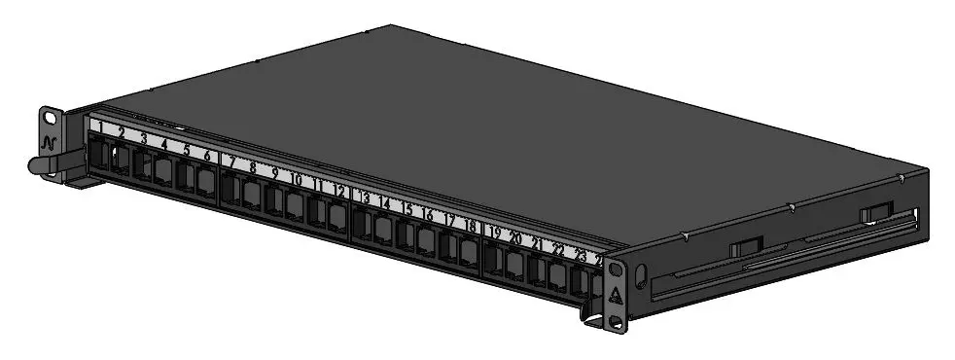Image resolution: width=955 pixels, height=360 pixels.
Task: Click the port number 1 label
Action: pyautogui.click(x=98, y=126)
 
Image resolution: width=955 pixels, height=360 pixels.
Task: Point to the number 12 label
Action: pyautogui.click(x=339, y=191)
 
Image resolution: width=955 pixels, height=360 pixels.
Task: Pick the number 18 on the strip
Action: pyautogui.click(x=471, y=226)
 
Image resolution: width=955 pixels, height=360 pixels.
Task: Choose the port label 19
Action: pyautogui.click(x=495, y=233)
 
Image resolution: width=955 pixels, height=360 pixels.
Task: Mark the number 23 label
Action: pyautogui.click(x=581, y=255)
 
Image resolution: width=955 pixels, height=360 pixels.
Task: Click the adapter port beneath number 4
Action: pyautogui.click(x=162, y=172)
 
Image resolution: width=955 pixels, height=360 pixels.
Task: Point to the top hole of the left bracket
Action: pyautogui.click(x=50, y=118)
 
